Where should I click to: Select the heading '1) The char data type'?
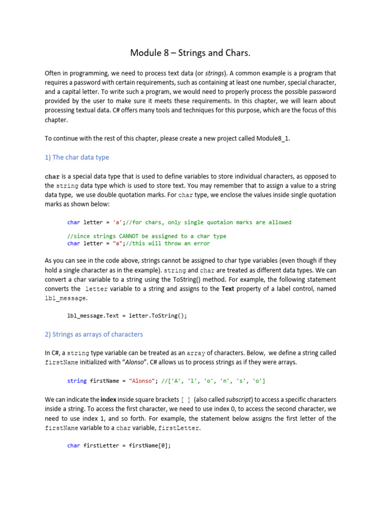[x=77, y=157]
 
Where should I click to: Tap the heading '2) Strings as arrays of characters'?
[x=94, y=334]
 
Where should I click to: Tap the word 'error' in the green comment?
[x=201, y=243]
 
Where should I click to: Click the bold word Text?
[x=228, y=289]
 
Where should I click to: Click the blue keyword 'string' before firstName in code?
[x=77, y=381]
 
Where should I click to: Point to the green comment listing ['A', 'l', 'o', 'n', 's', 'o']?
[x=215, y=381]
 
